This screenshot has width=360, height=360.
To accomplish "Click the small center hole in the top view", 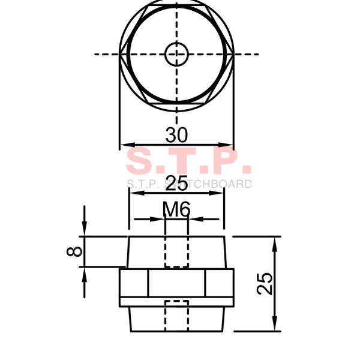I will pyautogui.click(x=176, y=53).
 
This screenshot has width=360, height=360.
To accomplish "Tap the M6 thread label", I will pyautogui.click(x=176, y=209).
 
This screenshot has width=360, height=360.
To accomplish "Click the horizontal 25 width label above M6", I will pyautogui.click(x=176, y=184).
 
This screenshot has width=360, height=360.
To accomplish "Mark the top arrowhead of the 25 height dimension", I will pyautogui.click(x=275, y=241).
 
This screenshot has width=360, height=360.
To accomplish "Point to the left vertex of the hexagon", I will pyautogui.click(x=121, y=53).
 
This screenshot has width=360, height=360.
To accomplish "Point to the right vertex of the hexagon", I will pyautogui.click(x=233, y=53).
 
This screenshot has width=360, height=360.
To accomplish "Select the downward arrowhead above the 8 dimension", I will pyautogui.click(x=85, y=231).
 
